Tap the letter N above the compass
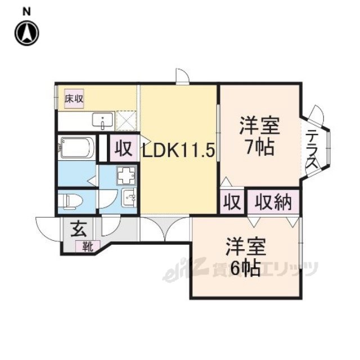(x=27, y=11)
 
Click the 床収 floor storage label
(x=74, y=99)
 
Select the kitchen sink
(x=102, y=120)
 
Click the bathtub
(x=76, y=147)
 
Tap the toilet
(x=70, y=201)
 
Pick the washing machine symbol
(x=126, y=175)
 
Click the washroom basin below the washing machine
(x=129, y=197)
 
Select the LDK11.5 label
(x=178, y=150)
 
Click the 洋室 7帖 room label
(x=260, y=136)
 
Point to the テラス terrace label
(x=312, y=149)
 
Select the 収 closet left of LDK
(x=124, y=148)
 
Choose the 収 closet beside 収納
(x=232, y=202)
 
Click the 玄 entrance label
(x=79, y=229)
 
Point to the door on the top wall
(x=182, y=76)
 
